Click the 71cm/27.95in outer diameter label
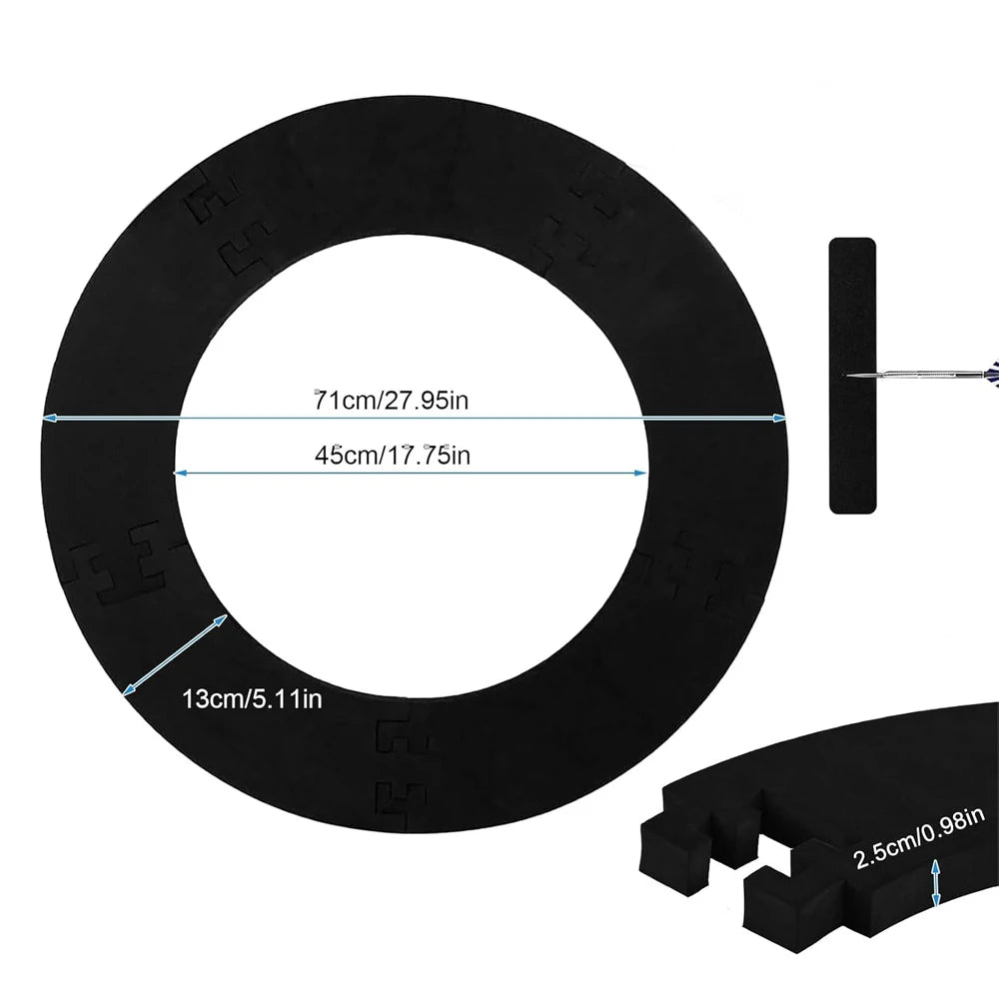[392, 401]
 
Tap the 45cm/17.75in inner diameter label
[393, 455]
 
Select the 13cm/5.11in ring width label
[253, 699]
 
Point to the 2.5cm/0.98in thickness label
[919, 838]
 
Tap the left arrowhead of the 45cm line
[181, 473]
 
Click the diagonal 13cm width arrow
[175, 654]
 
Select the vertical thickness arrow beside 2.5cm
[936, 883]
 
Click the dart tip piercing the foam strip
[848, 376]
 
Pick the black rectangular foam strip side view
[852, 376]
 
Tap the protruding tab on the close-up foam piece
[675, 857]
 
